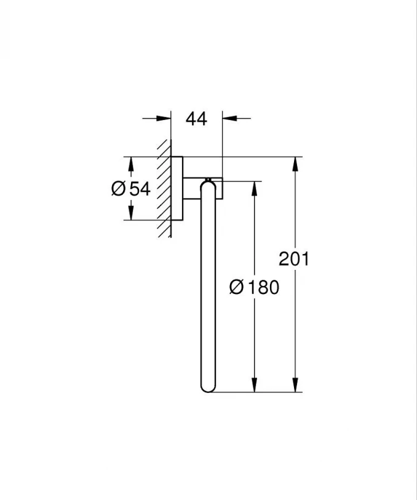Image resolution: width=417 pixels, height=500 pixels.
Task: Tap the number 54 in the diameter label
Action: coord(140,189)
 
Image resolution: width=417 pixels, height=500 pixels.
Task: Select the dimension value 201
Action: coord(294,259)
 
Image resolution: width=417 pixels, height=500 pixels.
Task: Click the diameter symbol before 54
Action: coord(119,189)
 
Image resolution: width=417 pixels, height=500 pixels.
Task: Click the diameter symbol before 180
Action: coord(237,287)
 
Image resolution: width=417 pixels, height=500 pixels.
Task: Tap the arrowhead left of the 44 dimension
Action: coord(163,118)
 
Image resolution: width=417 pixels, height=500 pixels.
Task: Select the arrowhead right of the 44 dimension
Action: coord(229,118)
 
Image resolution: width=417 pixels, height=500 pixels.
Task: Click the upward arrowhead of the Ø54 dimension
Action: coord(130,164)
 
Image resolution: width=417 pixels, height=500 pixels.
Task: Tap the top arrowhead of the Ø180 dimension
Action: coord(254,188)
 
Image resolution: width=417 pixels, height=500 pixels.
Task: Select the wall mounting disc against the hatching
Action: coord(177,188)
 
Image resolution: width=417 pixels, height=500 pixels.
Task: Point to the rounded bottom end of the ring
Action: coord(208,387)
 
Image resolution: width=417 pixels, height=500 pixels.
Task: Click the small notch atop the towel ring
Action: coord(208,180)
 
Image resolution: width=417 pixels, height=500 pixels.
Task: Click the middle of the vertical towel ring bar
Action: coord(208,286)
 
